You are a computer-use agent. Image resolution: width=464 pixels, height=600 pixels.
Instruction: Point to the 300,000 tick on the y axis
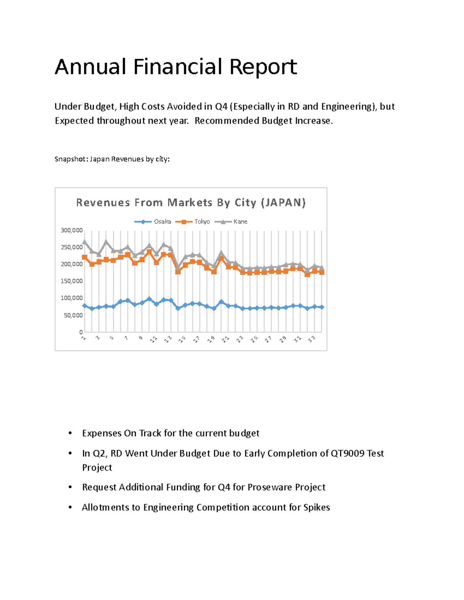(72, 230)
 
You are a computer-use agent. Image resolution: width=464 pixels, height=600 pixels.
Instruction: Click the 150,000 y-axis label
(72, 281)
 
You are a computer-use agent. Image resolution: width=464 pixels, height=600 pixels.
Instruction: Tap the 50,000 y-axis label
(73, 315)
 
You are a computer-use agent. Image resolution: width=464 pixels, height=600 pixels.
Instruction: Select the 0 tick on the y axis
(81, 332)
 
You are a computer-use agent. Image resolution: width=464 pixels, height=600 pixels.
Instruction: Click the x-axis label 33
(312, 339)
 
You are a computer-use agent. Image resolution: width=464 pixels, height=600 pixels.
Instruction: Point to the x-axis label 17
(196, 339)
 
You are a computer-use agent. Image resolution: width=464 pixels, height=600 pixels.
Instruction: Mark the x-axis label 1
(83, 338)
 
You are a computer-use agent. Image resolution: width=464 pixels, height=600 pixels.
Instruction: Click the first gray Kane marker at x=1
(85, 242)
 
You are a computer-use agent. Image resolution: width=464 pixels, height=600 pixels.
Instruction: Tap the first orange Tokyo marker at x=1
(85, 257)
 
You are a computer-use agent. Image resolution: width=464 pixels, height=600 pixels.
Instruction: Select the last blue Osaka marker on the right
(322, 307)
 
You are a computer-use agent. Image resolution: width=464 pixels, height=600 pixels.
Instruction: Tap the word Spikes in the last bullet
(316, 507)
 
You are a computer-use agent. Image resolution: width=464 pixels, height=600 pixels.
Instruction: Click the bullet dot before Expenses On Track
(70, 433)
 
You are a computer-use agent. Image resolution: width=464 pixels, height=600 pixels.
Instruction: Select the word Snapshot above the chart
(71, 159)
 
